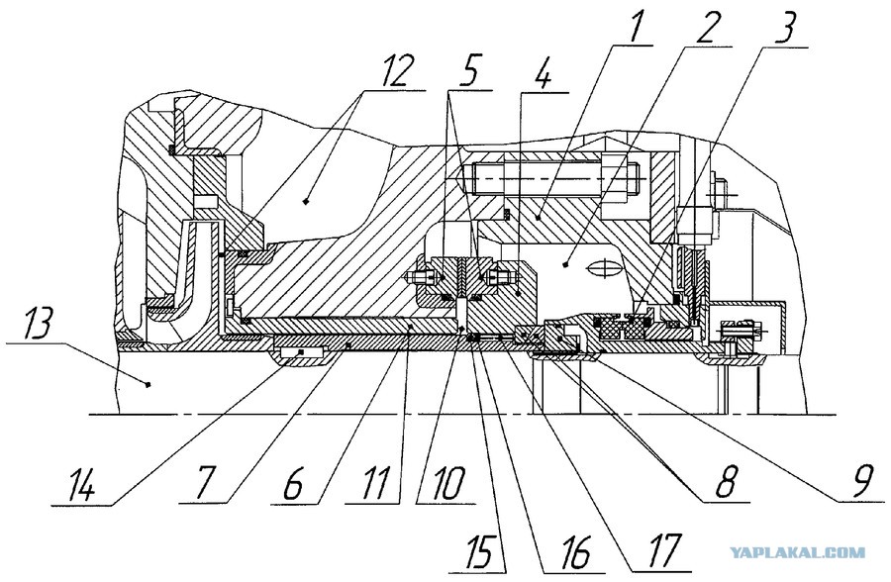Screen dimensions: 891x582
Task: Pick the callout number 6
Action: (293, 484)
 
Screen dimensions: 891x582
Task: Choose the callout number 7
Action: (204, 484)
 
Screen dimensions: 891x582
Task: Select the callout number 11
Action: (370, 484)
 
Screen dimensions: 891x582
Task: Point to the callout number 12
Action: (393, 70)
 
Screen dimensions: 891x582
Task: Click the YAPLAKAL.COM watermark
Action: (797, 552)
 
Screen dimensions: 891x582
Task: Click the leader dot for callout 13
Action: (148, 384)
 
